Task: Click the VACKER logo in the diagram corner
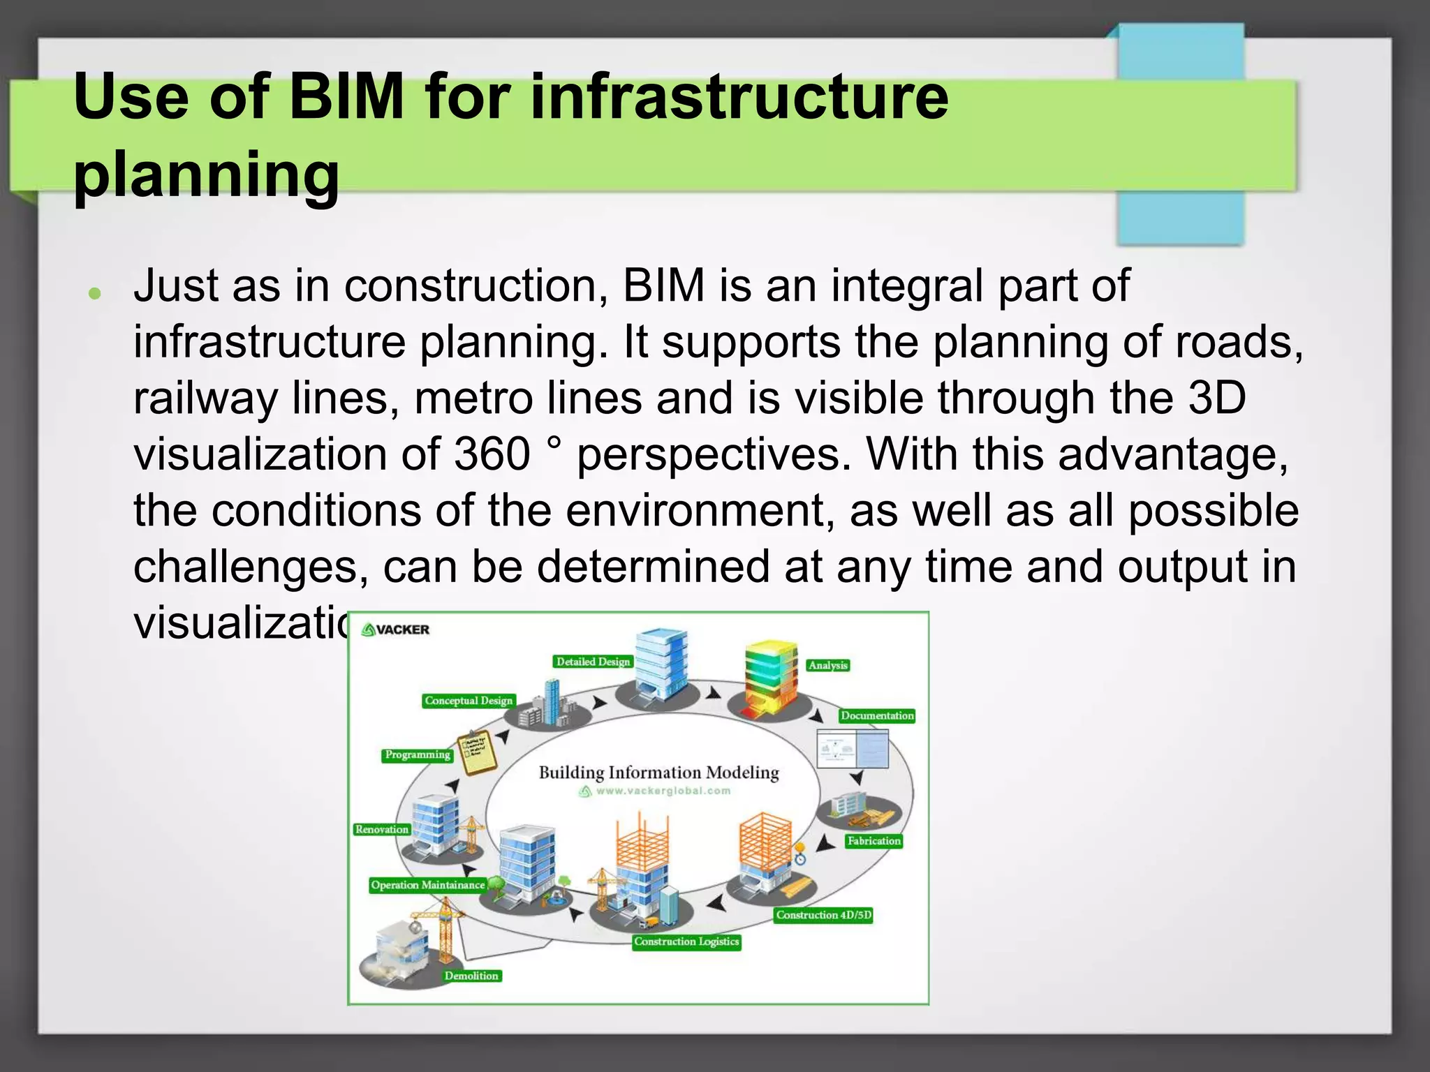[396, 630]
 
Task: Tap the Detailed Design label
[593, 662]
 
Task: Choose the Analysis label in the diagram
[827, 665]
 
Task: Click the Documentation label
[877, 715]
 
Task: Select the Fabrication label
[874, 841]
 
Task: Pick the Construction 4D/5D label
[824, 915]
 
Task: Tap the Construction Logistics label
[686, 941]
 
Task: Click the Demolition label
[471, 976]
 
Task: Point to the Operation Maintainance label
[427, 885]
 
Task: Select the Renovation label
[381, 829]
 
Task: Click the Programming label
[418, 754]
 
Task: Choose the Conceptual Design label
[469, 701]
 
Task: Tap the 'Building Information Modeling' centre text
[658, 773]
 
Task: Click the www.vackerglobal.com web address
[663, 791]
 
